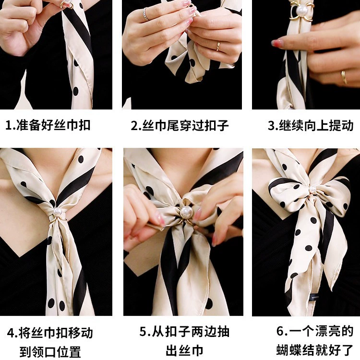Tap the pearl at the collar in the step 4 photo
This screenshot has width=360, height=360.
tap(58, 211)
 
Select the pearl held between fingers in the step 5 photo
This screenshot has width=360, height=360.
tap(185, 212)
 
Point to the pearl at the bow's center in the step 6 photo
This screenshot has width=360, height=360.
tap(312, 189)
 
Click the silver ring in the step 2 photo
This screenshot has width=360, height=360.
tap(145, 14)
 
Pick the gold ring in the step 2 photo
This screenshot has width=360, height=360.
tap(218, 46)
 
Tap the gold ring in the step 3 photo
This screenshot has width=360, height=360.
tap(344, 77)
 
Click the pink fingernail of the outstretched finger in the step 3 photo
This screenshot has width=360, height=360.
tap(276, 42)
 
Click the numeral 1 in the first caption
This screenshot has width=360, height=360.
tap(9, 125)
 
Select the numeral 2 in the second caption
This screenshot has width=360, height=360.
tap(134, 126)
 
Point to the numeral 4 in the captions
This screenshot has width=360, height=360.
tap(11, 333)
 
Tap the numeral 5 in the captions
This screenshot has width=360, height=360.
tap(143, 332)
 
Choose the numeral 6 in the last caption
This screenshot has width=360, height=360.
tap(280, 331)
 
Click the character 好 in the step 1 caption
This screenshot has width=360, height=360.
tap(47, 125)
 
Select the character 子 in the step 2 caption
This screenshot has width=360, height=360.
tap(222, 125)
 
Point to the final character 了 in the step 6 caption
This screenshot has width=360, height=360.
tap(348, 350)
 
